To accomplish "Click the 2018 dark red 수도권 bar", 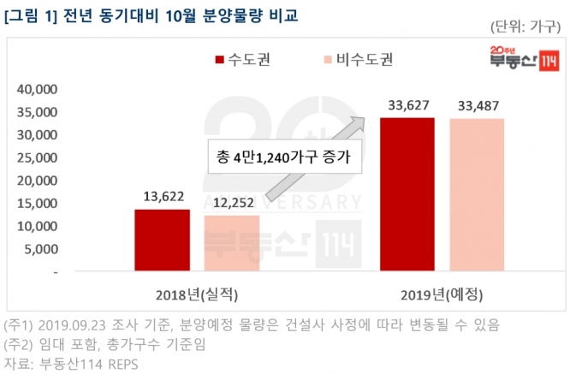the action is pos(163,240).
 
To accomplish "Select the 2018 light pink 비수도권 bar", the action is pos(232,243).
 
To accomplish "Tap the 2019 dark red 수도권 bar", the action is pos(407,194).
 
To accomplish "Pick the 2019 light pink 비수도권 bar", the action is pos(477,195).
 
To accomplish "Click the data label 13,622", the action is pos(163,196).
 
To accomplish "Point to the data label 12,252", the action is pos(234,203).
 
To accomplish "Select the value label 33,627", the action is pos(408,105).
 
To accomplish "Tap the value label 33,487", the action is pos(478,106).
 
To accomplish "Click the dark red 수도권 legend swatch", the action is pos(219,59).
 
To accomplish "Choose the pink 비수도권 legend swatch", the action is pos(328,59).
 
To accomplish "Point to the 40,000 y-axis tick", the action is pos(37,89).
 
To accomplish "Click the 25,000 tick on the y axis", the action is pos(37,158).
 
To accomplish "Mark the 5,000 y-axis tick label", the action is pos(41,249).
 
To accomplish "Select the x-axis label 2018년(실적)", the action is pos(197,295).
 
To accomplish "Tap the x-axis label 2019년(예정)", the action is pos(442,295).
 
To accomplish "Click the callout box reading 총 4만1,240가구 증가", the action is pos(285,157).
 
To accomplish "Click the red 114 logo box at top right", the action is pos(549,61).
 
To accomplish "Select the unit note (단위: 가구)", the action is pos(526,27).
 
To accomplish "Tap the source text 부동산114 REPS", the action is pos(89,364).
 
